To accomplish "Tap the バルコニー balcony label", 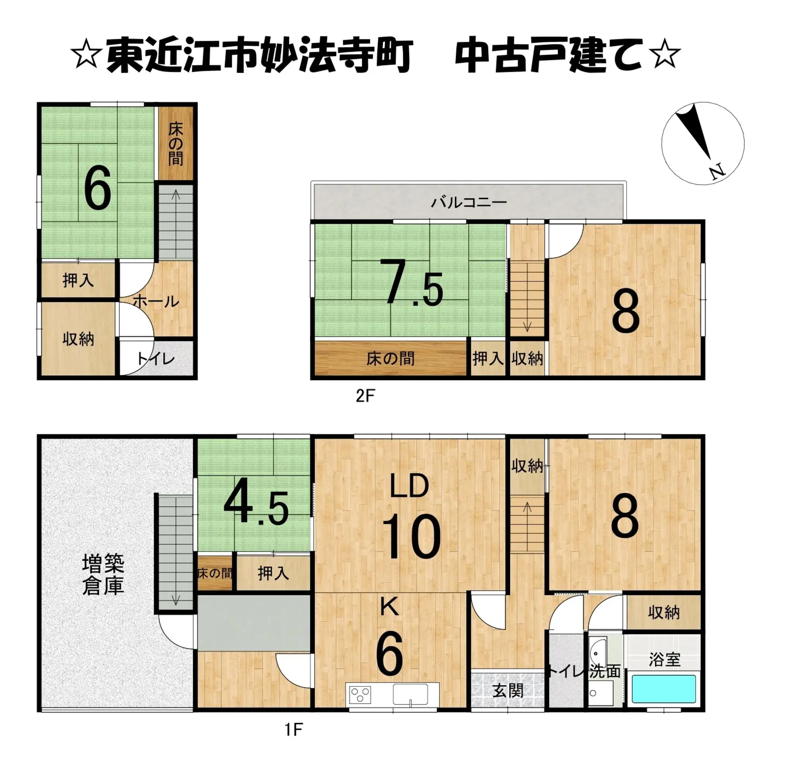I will coord(469,202).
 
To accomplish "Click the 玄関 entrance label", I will coord(508,690).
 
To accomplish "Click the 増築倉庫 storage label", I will coord(103,574).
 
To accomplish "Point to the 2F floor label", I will coord(365,396).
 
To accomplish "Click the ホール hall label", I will coord(156,301).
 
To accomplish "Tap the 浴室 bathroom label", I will coord(664,660).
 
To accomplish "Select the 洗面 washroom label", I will coord(605,672).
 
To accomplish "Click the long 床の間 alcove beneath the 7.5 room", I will coord(390,359).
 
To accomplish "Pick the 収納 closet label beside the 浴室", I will coord(663,613).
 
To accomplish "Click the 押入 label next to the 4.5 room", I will coord(273,573).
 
